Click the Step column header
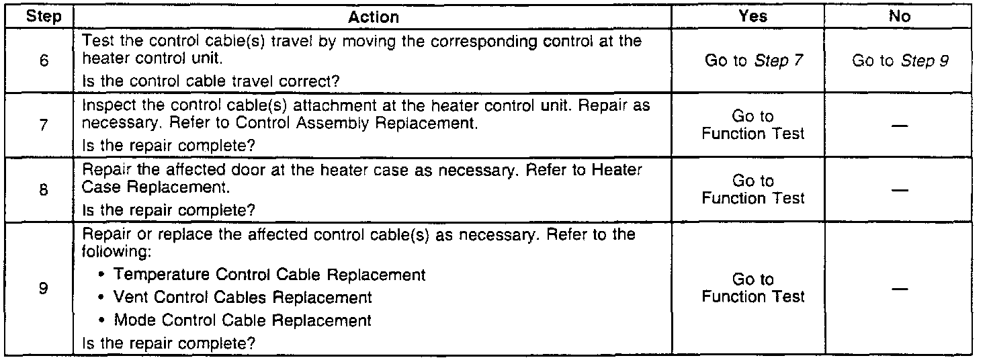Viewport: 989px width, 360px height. (x=44, y=17)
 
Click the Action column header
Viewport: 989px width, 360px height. (x=374, y=17)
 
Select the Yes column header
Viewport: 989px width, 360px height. (x=752, y=17)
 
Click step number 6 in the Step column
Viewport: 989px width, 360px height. (x=44, y=61)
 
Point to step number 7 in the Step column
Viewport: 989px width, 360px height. (x=44, y=125)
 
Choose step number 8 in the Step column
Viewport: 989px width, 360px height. (x=44, y=190)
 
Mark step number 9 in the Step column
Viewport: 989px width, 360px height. (x=44, y=288)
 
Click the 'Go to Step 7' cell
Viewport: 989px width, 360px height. (x=752, y=61)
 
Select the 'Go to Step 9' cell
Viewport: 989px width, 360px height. (x=900, y=61)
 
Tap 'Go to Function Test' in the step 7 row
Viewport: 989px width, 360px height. (x=752, y=126)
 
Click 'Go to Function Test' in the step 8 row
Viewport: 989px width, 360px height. (x=752, y=190)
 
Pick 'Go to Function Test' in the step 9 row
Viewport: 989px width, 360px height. (x=752, y=288)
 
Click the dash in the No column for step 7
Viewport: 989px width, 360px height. (x=900, y=126)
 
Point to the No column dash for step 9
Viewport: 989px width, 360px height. (x=900, y=288)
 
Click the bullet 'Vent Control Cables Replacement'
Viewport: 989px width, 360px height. (x=243, y=297)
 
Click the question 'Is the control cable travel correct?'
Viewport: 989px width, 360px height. (x=210, y=82)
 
